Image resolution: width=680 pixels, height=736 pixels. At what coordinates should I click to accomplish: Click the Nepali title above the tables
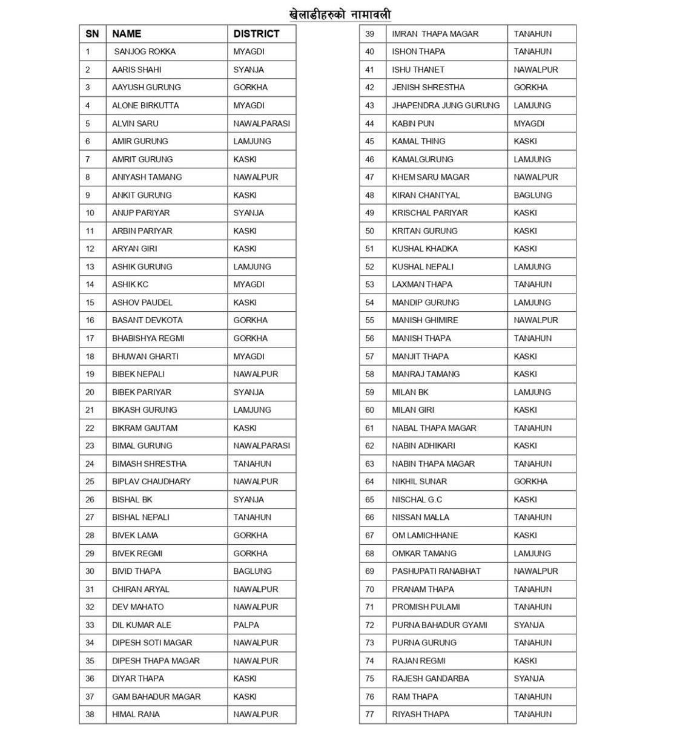coord(340,14)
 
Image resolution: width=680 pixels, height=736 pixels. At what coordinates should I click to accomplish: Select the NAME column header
coord(127,34)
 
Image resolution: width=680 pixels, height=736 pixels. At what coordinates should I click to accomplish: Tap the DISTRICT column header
coord(256,34)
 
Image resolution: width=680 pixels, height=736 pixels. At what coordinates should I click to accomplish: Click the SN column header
coord(92,34)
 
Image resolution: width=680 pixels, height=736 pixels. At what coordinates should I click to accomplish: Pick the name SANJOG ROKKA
coord(145,51)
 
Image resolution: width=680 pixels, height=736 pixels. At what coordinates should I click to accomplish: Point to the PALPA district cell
coord(246,625)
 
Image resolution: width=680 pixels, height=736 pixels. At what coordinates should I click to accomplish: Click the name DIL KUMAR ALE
coord(142,625)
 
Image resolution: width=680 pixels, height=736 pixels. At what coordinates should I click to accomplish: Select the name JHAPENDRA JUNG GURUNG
coord(446,105)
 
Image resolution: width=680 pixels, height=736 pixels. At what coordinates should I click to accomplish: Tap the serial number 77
coord(369,714)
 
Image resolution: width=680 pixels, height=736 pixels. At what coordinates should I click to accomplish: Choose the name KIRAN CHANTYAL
coord(426,195)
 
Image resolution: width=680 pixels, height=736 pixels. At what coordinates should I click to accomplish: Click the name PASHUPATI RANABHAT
coord(436,571)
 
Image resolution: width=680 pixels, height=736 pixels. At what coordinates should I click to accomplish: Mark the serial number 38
coord(90,714)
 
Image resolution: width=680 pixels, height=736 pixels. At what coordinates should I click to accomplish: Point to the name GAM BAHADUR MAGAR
coord(156,697)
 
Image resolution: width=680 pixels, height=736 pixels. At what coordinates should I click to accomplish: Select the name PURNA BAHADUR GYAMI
coord(439,625)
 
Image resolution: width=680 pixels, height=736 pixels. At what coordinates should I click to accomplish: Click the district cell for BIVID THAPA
coord(253,571)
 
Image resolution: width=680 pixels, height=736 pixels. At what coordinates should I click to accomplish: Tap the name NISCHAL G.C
coord(417,499)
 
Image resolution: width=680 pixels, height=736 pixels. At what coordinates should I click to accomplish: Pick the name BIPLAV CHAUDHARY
coord(151,481)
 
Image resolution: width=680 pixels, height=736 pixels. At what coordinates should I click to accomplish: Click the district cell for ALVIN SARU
coord(262,123)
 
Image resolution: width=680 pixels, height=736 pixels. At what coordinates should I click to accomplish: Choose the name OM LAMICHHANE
coord(424,535)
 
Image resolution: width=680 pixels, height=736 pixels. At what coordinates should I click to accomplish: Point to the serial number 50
coord(369,231)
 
